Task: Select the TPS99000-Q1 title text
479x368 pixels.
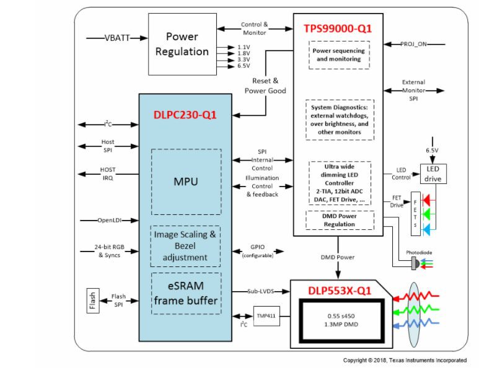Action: (338, 28)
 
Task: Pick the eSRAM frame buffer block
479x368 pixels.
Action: (187, 292)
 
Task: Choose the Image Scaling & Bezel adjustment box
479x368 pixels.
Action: (187, 246)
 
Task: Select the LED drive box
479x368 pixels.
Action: (432, 174)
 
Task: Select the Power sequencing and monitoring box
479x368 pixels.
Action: (338, 55)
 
